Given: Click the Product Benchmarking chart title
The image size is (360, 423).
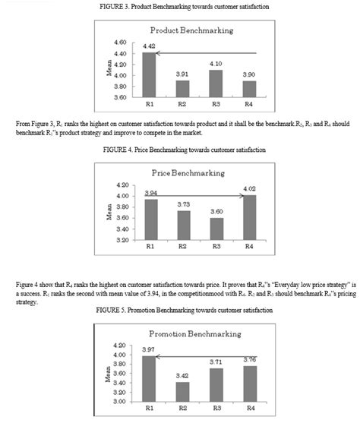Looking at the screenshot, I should click(192, 30).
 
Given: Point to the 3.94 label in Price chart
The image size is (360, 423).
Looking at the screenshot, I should click(151, 194).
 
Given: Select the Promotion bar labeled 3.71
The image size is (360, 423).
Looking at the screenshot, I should click(218, 384).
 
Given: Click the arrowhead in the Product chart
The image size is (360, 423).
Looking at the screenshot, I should click(162, 53).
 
